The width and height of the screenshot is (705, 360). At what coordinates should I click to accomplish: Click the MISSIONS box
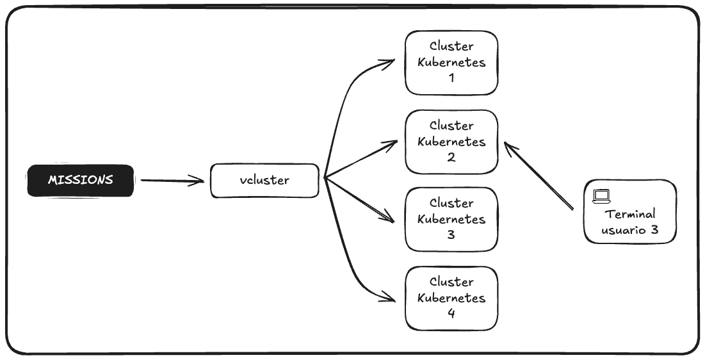click(x=81, y=180)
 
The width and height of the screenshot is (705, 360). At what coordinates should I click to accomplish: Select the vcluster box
click(x=264, y=181)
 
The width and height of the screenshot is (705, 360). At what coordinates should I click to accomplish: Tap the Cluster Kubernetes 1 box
click(x=451, y=63)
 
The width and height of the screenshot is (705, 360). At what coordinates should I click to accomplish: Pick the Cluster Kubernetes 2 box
click(x=451, y=142)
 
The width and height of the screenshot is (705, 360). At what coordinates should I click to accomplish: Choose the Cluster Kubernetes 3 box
click(x=451, y=219)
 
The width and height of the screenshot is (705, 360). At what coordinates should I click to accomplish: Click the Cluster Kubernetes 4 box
click(x=451, y=298)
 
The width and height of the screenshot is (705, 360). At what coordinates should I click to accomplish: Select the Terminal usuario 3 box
click(x=630, y=212)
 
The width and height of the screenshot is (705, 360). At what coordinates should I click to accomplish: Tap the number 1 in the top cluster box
click(x=451, y=79)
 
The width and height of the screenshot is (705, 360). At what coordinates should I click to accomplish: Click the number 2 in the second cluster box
click(x=451, y=158)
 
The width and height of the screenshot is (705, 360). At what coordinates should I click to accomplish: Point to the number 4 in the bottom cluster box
click(x=451, y=314)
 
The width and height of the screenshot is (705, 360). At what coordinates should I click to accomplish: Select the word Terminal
click(x=630, y=215)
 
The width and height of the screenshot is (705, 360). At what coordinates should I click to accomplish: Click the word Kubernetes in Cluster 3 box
click(x=451, y=219)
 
